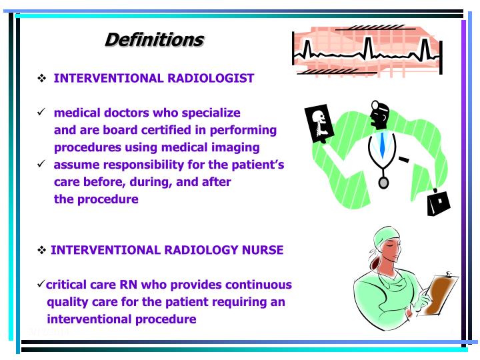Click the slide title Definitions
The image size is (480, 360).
click(x=154, y=40)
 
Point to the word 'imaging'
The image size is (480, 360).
click(x=235, y=147)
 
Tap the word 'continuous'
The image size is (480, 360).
click(x=259, y=285)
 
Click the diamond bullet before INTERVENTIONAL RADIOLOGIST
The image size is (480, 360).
click(x=42, y=79)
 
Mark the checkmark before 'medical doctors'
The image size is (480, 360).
click(x=41, y=113)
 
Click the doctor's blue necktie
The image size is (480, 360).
click(x=382, y=143)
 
